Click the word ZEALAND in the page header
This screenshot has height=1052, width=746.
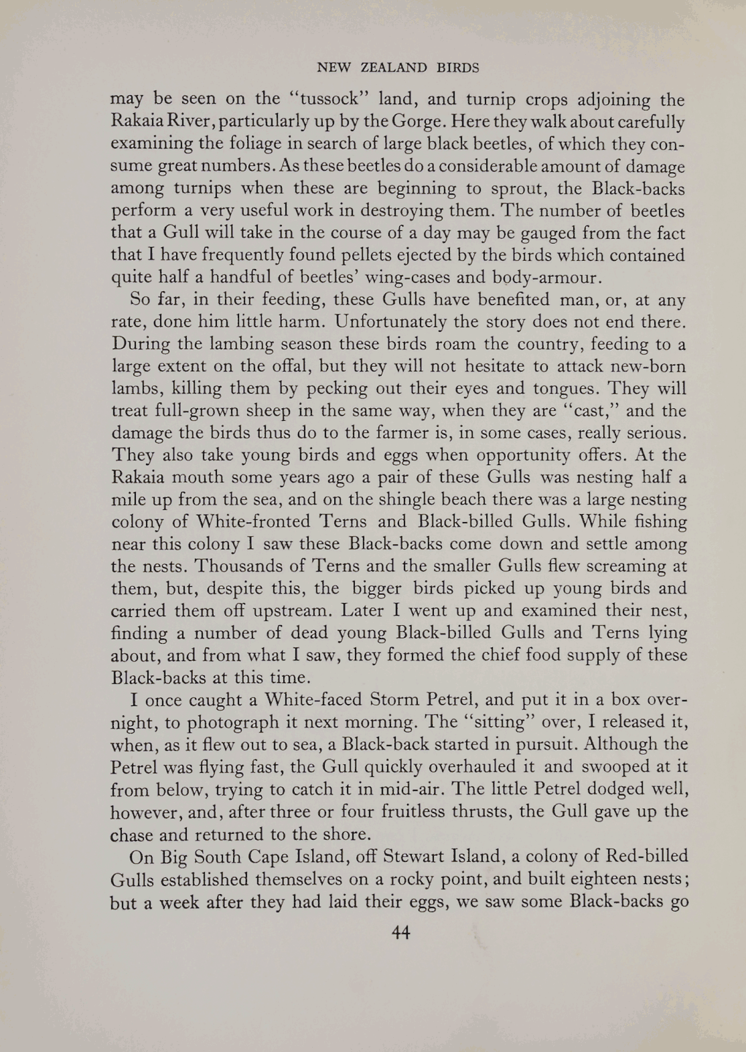[393, 68]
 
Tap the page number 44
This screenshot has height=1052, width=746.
[400, 932]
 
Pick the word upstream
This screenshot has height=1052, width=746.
[295, 611]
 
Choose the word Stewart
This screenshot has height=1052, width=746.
[394, 857]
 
